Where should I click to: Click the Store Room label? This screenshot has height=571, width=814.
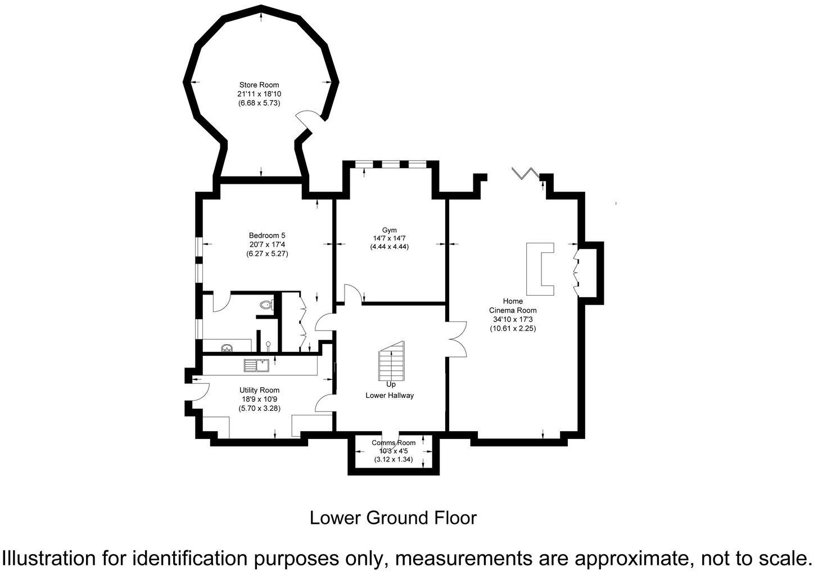click(259, 85)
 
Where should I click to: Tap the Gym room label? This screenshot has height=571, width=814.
click(389, 230)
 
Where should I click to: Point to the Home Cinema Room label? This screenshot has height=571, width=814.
click(513, 306)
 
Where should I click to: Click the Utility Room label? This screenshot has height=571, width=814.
click(259, 390)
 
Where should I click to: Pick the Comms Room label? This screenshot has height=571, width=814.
click(394, 443)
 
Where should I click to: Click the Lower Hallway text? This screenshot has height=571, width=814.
click(390, 395)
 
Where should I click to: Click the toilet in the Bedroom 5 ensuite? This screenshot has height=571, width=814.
click(266, 305)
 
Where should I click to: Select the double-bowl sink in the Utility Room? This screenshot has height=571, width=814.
click(256, 365)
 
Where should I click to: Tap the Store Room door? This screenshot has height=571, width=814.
click(309, 120)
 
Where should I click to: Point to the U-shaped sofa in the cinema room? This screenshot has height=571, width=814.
click(540, 269)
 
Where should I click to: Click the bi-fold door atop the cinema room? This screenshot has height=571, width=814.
click(526, 173)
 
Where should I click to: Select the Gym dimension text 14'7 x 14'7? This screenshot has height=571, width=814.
click(389, 238)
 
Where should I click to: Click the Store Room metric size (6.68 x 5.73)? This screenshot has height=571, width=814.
click(259, 103)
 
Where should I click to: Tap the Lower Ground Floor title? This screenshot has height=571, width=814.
click(393, 518)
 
